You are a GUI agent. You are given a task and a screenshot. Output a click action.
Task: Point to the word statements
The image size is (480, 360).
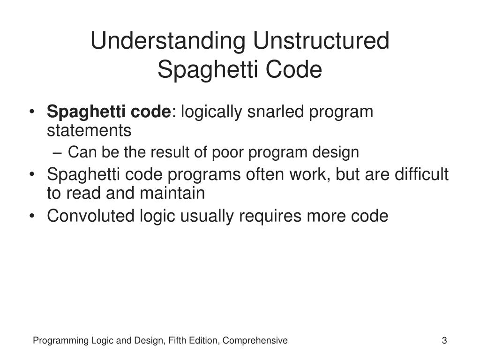coord(89,131)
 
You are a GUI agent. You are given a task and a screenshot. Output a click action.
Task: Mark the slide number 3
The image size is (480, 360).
coord(444,341)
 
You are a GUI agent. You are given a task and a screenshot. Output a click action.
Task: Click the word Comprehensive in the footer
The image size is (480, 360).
coord(255,341)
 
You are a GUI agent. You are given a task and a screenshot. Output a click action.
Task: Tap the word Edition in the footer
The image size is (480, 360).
coord(204,341)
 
